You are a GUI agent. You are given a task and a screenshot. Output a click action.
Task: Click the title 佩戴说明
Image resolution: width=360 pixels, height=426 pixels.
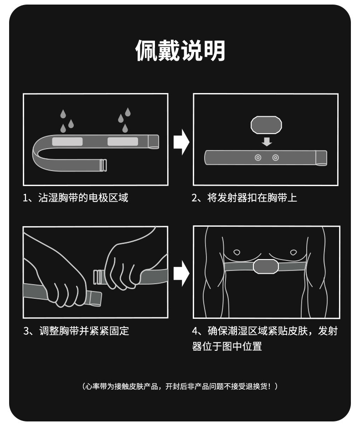[180, 50]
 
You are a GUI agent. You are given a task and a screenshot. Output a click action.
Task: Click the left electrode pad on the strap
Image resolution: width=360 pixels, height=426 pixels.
[67, 141]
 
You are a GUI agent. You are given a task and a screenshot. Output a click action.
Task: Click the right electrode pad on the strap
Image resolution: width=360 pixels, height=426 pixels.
[123, 141]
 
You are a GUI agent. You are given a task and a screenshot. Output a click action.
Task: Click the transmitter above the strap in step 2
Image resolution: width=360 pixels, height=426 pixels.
[267, 124]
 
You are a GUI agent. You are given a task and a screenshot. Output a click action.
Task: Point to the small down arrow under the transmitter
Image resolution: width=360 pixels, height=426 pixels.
[267, 142]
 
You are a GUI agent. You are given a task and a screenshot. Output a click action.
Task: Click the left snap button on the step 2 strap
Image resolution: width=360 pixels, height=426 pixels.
[258, 157]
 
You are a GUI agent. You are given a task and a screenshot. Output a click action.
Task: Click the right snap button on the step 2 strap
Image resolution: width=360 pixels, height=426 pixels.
[275, 157]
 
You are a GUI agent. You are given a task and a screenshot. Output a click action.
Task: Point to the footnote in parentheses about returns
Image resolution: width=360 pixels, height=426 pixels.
[180, 386]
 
